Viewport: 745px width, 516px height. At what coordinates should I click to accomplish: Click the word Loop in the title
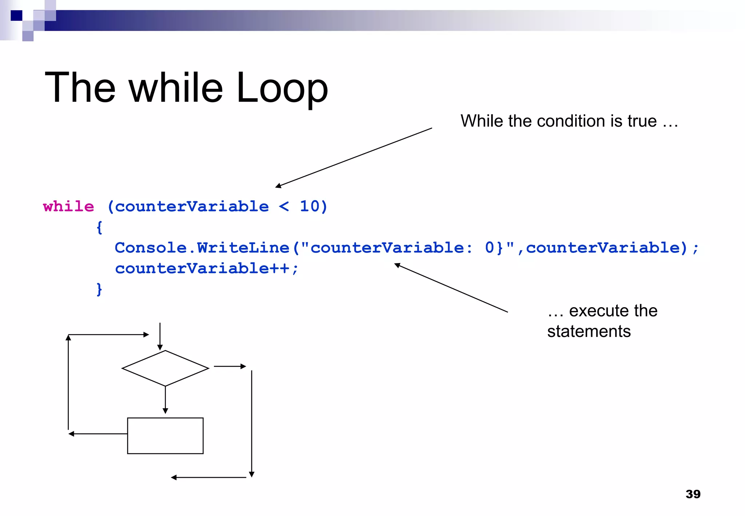(282, 88)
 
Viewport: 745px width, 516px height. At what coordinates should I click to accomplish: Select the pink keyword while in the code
(68, 207)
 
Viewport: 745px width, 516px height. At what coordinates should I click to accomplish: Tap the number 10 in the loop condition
(309, 206)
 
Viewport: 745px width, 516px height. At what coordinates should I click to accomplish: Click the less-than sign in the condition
(284, 207)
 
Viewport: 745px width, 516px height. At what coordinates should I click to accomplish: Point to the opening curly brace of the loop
(99, 228)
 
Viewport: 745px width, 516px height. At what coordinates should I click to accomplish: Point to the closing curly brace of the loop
(99, 290)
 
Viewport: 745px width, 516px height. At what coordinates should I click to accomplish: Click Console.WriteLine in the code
(202, 248)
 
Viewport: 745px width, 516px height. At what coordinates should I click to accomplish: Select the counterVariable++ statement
(206, 269)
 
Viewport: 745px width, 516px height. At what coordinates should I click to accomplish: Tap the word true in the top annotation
(642, 121)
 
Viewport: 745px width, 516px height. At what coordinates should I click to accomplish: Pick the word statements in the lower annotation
(589, 332)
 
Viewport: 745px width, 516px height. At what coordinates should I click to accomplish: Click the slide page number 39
(693, 494)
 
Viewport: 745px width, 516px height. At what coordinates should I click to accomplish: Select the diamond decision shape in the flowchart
(165, 368)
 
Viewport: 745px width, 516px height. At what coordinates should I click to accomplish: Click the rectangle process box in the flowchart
(165, 436)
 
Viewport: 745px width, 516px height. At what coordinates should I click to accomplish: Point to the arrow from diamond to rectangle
(165, 400)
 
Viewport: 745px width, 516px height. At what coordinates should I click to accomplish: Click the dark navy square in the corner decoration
(16, 16)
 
